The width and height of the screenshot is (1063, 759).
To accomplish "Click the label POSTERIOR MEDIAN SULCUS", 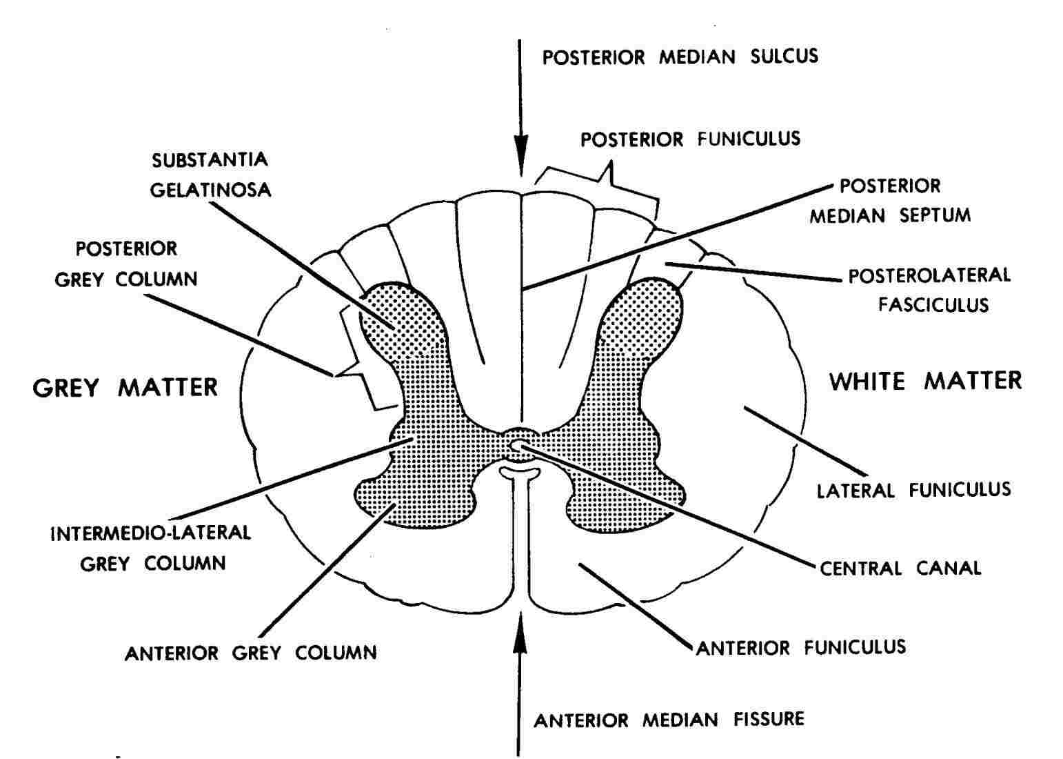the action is (680, 57).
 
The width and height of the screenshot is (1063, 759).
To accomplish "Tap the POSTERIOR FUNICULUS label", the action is (691, 139).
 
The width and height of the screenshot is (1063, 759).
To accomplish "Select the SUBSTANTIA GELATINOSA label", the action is (210, 175).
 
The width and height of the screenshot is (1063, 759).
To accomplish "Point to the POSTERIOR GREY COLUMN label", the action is (126, 264).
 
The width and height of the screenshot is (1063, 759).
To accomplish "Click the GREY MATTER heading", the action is (125, 388).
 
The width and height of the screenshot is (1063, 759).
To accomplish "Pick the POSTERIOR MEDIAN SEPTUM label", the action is (890, 201).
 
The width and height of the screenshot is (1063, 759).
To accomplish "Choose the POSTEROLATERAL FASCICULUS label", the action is (930, 290).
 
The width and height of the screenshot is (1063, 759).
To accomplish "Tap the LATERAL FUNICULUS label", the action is (914, 490).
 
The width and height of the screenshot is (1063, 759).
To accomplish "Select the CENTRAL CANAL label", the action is (900, 568).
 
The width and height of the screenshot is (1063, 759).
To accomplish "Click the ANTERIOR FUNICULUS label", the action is (801, 647).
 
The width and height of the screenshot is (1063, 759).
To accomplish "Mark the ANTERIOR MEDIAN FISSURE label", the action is (669, 720).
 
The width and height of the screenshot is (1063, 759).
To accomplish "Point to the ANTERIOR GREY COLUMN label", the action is (250, 653).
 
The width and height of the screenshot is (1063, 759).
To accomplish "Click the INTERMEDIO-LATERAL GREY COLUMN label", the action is (151, 549).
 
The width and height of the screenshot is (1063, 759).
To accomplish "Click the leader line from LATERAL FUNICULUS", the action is (805, 440).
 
